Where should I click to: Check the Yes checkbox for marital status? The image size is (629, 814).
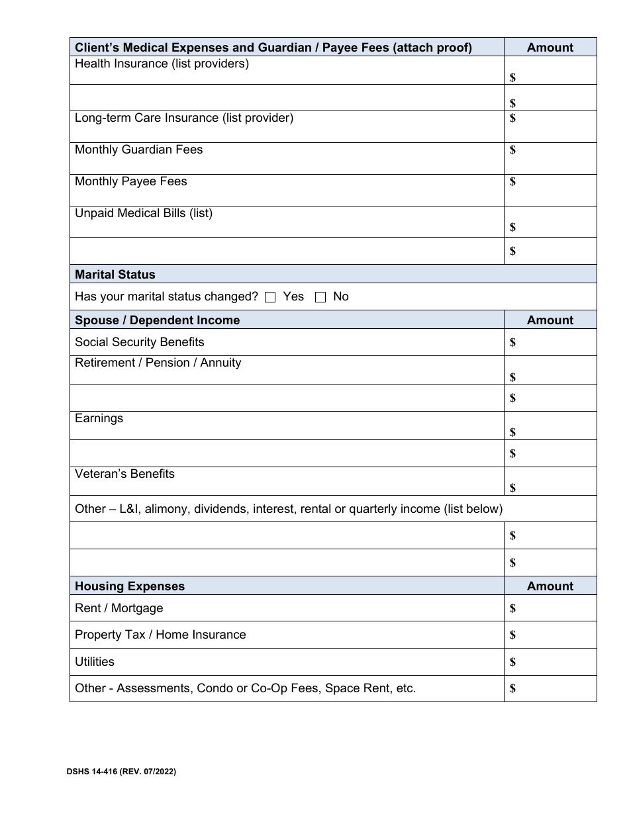269,297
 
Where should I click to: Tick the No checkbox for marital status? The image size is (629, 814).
320,297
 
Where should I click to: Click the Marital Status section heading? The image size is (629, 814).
115,275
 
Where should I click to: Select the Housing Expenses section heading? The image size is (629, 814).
130,586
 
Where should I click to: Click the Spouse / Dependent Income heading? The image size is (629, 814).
157,320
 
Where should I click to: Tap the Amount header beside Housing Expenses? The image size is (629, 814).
550,586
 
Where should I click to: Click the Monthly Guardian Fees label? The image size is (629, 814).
138,150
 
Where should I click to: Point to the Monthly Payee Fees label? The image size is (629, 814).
130,182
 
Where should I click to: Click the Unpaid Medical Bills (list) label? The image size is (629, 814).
144,214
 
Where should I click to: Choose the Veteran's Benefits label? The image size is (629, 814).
124,475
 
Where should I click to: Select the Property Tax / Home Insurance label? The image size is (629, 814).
160,635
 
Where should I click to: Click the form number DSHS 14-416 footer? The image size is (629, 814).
121,772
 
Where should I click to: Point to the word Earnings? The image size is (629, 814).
99,419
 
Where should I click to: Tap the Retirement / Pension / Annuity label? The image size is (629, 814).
158,363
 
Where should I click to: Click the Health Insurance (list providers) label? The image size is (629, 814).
162,64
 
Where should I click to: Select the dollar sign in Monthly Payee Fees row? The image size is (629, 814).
512,182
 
